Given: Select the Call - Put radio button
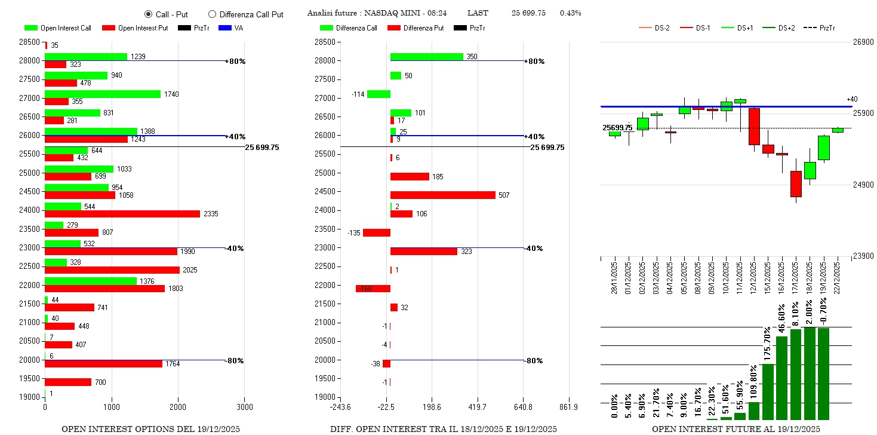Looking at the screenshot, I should (x=148, y=14).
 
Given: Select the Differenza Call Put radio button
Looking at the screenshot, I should (x=212, y=14).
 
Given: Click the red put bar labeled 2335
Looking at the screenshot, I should (x=122, y=214).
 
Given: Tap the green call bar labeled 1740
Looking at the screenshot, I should (x=103, y=94).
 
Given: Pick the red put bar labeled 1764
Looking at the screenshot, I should (x=103, y=364).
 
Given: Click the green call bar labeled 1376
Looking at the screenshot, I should (x=91, y=281).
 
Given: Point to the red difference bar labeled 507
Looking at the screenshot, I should (x=442, y=195).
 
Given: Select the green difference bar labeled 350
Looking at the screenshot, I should (x=426, y=57).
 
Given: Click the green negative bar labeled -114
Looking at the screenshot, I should (x=379, y=94).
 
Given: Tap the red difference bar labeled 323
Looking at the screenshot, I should (x=423, y=252).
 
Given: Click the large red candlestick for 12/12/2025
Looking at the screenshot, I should (x=754, y=127).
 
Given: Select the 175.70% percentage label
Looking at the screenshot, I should (x=768, y=343).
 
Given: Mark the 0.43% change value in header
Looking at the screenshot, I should (x=570, y=13).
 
